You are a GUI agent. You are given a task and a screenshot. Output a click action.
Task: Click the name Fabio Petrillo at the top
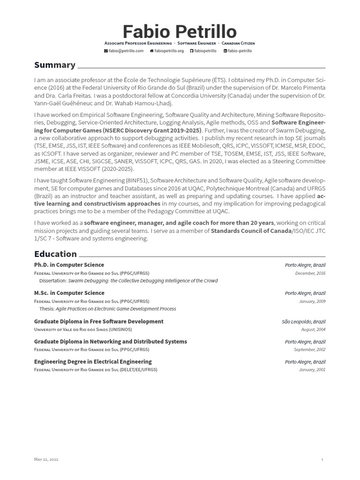[180, 31]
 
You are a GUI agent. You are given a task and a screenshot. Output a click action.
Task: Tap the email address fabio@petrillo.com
[124, 51]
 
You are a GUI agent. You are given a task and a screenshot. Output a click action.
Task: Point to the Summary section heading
[54, 65]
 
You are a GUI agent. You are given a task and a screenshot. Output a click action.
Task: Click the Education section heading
[55, 254]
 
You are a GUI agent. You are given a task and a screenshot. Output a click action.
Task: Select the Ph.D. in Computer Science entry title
[69, 265]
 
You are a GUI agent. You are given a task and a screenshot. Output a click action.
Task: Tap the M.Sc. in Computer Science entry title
[69, 293]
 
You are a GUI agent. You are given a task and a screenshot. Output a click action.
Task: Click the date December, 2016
[310, 273]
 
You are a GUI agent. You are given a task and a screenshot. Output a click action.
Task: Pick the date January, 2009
[312, 301]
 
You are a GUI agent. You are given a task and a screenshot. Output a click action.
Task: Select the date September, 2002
[309, 350]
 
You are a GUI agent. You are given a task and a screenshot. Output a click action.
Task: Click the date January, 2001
[312, 370]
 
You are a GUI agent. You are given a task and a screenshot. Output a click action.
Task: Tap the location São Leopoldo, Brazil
[303, 322]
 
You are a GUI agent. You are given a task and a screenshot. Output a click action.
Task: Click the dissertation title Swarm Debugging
[142, 281]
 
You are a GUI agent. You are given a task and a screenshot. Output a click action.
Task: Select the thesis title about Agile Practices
[116, 309]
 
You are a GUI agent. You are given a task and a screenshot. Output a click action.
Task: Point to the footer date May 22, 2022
[46, 460]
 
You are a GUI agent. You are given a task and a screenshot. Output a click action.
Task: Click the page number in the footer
[322, 460]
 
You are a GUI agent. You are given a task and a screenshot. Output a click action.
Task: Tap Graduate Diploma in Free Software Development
[98, 322]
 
